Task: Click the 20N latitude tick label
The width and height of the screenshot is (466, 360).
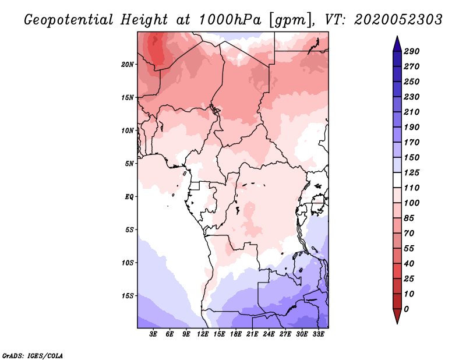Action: point(128,64)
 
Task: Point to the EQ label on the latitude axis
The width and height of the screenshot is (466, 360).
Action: point(129,196)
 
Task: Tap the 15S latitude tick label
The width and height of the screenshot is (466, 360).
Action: point(128,295)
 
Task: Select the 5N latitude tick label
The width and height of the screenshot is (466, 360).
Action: point(129,163)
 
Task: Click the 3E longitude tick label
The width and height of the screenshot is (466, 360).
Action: point(154,334)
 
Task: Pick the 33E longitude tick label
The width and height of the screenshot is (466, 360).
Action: point(318,334)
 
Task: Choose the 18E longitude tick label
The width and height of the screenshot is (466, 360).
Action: point(236,334)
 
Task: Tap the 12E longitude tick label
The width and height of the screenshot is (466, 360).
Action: point(203,334)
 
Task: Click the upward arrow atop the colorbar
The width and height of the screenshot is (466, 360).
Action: point(396,43)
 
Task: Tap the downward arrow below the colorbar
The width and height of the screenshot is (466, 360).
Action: point(396,317)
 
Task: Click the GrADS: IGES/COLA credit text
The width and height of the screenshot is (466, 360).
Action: point(32,355)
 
